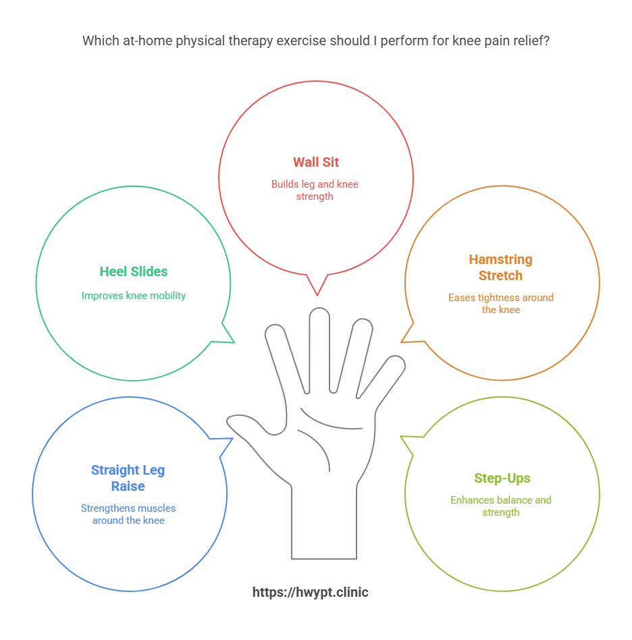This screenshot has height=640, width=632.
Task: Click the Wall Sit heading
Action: click(x=315, y=162)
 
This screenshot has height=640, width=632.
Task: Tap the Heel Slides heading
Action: click(x=134, y=271)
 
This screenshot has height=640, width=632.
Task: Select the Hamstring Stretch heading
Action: click(x=500, y=267)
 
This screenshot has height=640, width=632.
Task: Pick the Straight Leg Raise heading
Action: click(x=128, y=478)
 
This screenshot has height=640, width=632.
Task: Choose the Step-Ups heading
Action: click(x=502, y=479)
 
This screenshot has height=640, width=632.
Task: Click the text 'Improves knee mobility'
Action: click(x=134, y=296)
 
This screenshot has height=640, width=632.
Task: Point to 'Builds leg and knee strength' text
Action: click(x=315, y=190)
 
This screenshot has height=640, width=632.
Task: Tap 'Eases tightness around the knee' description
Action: click(x=500, y=303)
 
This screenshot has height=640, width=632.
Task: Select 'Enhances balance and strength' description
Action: click(x=501, y=506)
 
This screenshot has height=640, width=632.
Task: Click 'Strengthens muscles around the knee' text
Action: click(x=128, y=514)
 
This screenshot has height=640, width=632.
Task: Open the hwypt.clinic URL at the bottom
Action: click(x=311, y=592)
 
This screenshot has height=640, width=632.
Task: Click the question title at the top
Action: click(x=315, y=41)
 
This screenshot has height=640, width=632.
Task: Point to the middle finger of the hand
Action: click(x=319, y=344)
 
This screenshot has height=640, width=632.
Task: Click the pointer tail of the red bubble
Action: click(x=316, y=286)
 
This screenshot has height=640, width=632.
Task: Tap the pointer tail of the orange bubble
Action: click(x=408, y=334)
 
